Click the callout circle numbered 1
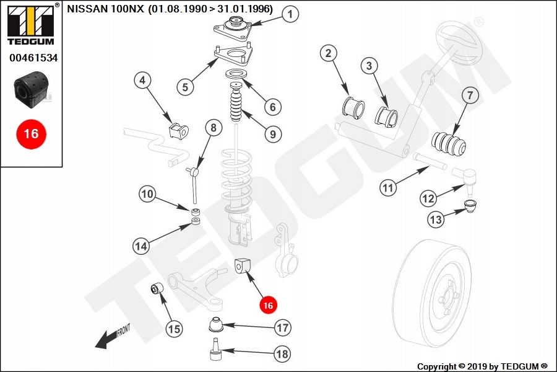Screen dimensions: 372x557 point(290,14)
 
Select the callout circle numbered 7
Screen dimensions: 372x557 point(469,95)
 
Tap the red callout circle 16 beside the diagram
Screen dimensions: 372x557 point(268,305)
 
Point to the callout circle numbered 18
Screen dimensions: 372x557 point(282,354)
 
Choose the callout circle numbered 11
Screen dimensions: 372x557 point(388,188)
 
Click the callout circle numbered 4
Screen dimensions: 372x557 point(142,80)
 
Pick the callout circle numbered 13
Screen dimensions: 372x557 point(436,218)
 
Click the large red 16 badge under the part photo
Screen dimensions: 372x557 point(31,133)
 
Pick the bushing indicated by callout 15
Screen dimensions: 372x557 point(157,288)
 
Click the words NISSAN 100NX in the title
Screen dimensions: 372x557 point(105,10)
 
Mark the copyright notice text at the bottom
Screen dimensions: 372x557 point(482,366)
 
